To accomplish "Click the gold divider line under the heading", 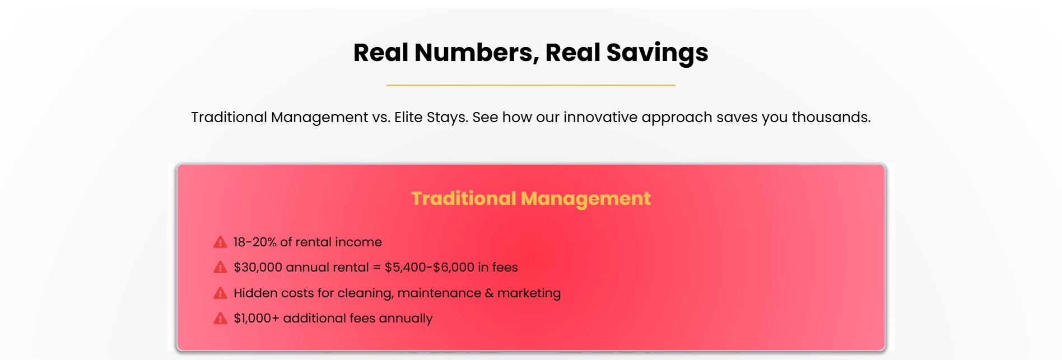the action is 530,85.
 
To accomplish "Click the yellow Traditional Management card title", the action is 530,199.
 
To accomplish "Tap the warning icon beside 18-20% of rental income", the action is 220,242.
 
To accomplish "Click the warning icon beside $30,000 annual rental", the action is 220,267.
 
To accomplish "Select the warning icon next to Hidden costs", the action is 220,293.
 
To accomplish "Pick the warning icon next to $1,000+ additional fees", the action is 220,318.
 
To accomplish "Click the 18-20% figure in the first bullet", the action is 255,242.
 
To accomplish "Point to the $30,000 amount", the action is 258,267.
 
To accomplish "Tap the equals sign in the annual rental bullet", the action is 377,268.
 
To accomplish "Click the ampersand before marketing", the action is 489,293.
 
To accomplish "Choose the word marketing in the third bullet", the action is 529,293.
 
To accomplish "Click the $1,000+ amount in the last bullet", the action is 256,318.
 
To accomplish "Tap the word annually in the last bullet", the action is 406,319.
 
